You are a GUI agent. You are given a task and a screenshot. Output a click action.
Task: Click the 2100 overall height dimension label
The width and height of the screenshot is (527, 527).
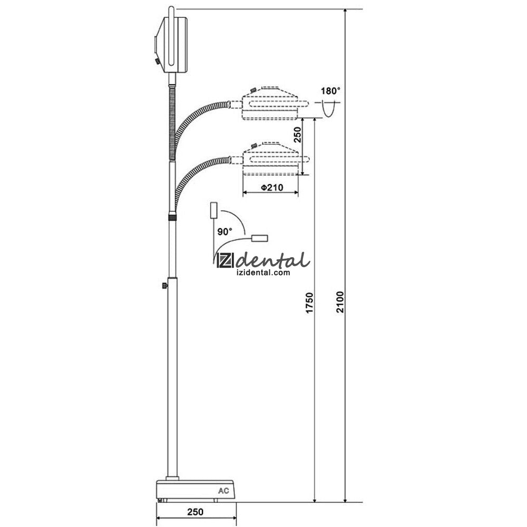point(340,302)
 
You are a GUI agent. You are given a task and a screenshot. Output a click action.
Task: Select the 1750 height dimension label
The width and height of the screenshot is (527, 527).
point(309,303)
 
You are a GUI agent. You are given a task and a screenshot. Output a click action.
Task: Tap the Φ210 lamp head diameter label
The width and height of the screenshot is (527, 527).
point(272,187)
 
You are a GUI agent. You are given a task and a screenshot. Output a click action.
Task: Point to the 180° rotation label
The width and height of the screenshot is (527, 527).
point(330,91)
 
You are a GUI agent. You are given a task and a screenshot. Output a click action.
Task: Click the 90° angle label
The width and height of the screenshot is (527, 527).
point(225,231)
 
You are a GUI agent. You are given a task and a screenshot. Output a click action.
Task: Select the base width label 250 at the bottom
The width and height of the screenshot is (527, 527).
point(196,512)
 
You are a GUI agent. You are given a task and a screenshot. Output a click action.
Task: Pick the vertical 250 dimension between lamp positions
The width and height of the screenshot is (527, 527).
point(298,135)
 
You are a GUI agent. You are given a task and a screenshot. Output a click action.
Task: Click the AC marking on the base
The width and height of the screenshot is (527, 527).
point(223,491)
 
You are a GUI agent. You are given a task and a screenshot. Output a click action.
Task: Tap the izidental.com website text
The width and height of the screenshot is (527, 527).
point(263,272)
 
